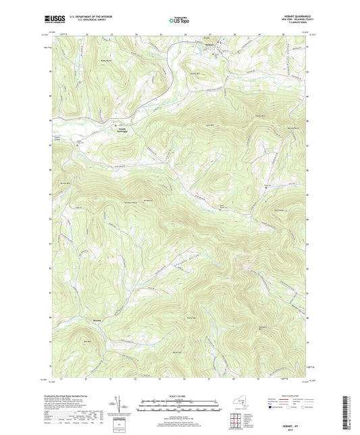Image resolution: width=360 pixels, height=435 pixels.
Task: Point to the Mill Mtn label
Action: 86,342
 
